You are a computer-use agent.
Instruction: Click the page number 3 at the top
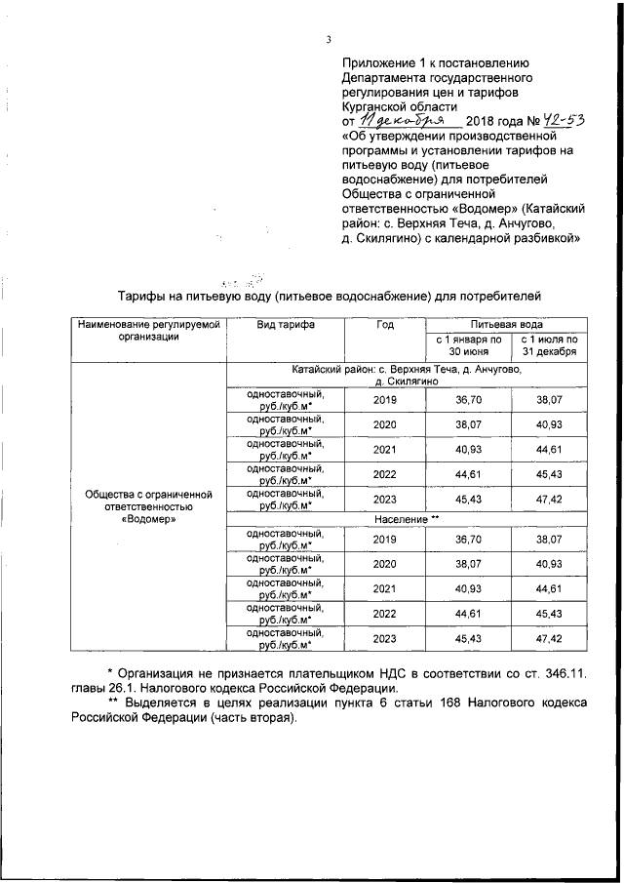(x=330, y=39)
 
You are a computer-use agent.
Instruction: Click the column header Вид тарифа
(x=285, y=325)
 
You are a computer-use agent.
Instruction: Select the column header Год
(x=384, y=325)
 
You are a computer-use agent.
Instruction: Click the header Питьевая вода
(x=506, y=324)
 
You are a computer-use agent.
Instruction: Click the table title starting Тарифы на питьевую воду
(x=328, y=295)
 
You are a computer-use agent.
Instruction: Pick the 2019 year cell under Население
(x=384, y=540)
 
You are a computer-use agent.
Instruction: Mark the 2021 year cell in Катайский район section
(x=384, y=448)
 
